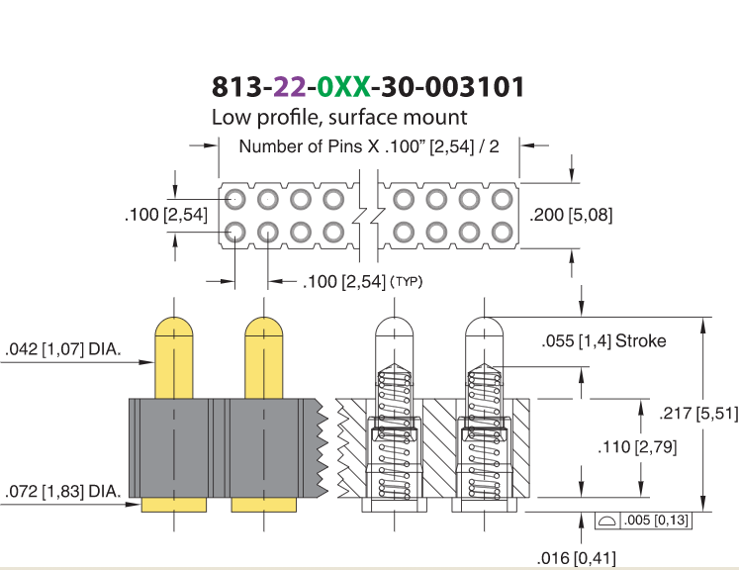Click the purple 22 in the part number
coord(290,87)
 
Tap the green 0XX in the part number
coord(343,87)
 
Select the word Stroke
coord(641,340)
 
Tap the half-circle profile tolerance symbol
coord(606,521)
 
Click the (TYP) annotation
coord(407,282)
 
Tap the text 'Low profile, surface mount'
coord(339,117)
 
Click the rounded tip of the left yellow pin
coord(174,326)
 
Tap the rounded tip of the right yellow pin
coord(264,326)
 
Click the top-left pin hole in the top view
coord(234,199)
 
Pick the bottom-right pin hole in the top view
coord(502,232)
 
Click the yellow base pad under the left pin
coord(174,505)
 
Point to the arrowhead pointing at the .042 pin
coord(147,362)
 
